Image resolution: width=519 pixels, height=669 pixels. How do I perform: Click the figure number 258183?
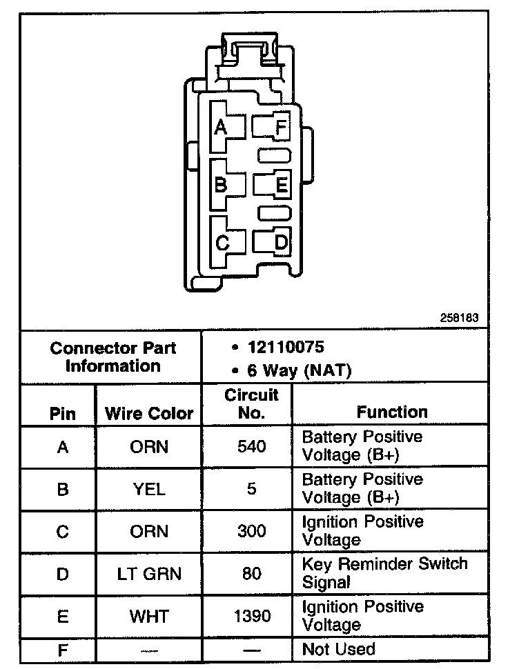(x=459, y=319)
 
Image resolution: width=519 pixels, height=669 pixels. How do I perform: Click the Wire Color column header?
(x=149, y=414)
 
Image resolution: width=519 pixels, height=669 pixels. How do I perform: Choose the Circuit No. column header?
(x=251, y=404)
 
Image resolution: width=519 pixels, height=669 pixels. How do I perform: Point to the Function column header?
(x=392, y=412)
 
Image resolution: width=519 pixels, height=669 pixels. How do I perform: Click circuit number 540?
(x=251, y=447)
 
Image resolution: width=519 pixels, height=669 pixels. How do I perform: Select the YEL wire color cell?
(x=149, y=489)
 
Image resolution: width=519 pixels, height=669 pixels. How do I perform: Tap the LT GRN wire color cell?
(x=149, y=574)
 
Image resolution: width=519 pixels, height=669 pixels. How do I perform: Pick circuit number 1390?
(x=251, y=616)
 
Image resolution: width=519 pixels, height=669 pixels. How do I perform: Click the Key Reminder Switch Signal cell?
(x=384, y=572)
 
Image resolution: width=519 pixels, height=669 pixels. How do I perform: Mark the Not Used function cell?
(x=338, y=650)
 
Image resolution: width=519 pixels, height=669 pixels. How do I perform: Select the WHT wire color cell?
(x=149, y=616)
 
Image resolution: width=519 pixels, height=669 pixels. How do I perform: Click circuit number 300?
(x=251, y=532)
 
